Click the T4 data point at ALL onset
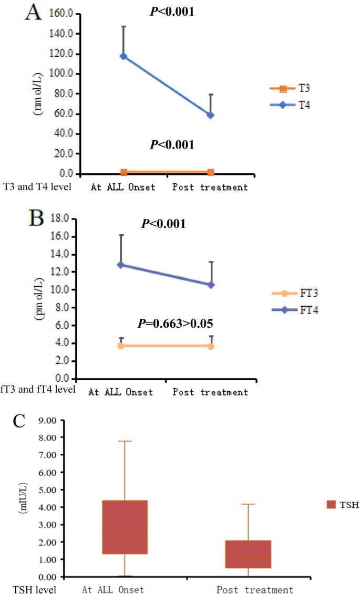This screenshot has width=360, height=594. coord(124,56)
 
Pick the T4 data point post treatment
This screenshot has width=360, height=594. coord(211,115)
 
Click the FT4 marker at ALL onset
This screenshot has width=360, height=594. coord(121,265)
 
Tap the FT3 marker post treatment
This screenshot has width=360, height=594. coord(211,346)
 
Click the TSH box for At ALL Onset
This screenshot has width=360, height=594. coord(124,527)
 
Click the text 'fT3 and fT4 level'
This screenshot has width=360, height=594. coord(38,390)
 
